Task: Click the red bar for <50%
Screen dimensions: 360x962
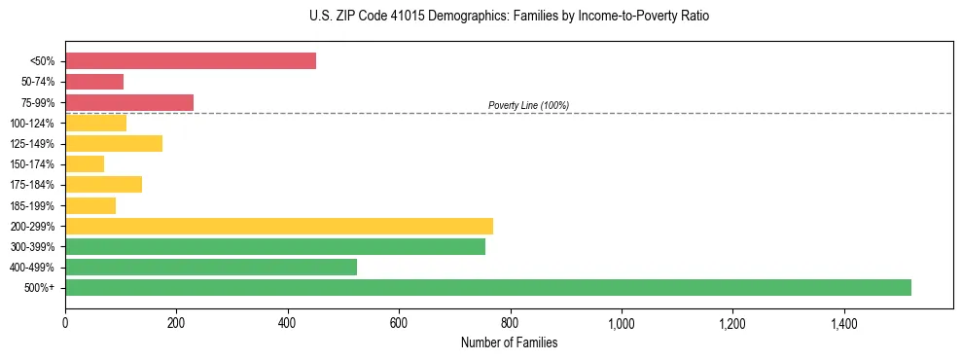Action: tap(191, 61)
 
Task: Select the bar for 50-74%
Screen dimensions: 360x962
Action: tap(94, 82)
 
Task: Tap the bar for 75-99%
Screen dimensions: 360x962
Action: tap(129, 102)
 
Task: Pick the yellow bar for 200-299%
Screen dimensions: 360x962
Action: tap(279, 226)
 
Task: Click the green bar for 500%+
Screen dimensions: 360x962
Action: tap(488, 287)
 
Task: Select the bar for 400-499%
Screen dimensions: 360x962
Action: tap(211, 267)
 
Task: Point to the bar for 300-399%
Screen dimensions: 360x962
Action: tap(275, 246)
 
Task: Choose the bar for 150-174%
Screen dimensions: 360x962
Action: tap(85, 164)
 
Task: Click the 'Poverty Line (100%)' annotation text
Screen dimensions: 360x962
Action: tap(528, 105)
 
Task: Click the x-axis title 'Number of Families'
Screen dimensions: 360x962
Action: tap(509, 342)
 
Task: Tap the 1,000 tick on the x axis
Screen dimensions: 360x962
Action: tap(621, 323)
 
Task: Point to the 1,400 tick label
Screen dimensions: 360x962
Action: tap(842, 323)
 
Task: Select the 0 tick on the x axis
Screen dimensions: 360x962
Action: tap(65, 323)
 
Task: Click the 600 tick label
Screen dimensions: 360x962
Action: tap(398, 323)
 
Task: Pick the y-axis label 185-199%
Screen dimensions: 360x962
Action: tap(32, 205)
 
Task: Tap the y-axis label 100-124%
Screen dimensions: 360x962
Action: tap(32, 124)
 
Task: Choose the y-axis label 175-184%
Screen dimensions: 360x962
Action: tap(32, 185)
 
